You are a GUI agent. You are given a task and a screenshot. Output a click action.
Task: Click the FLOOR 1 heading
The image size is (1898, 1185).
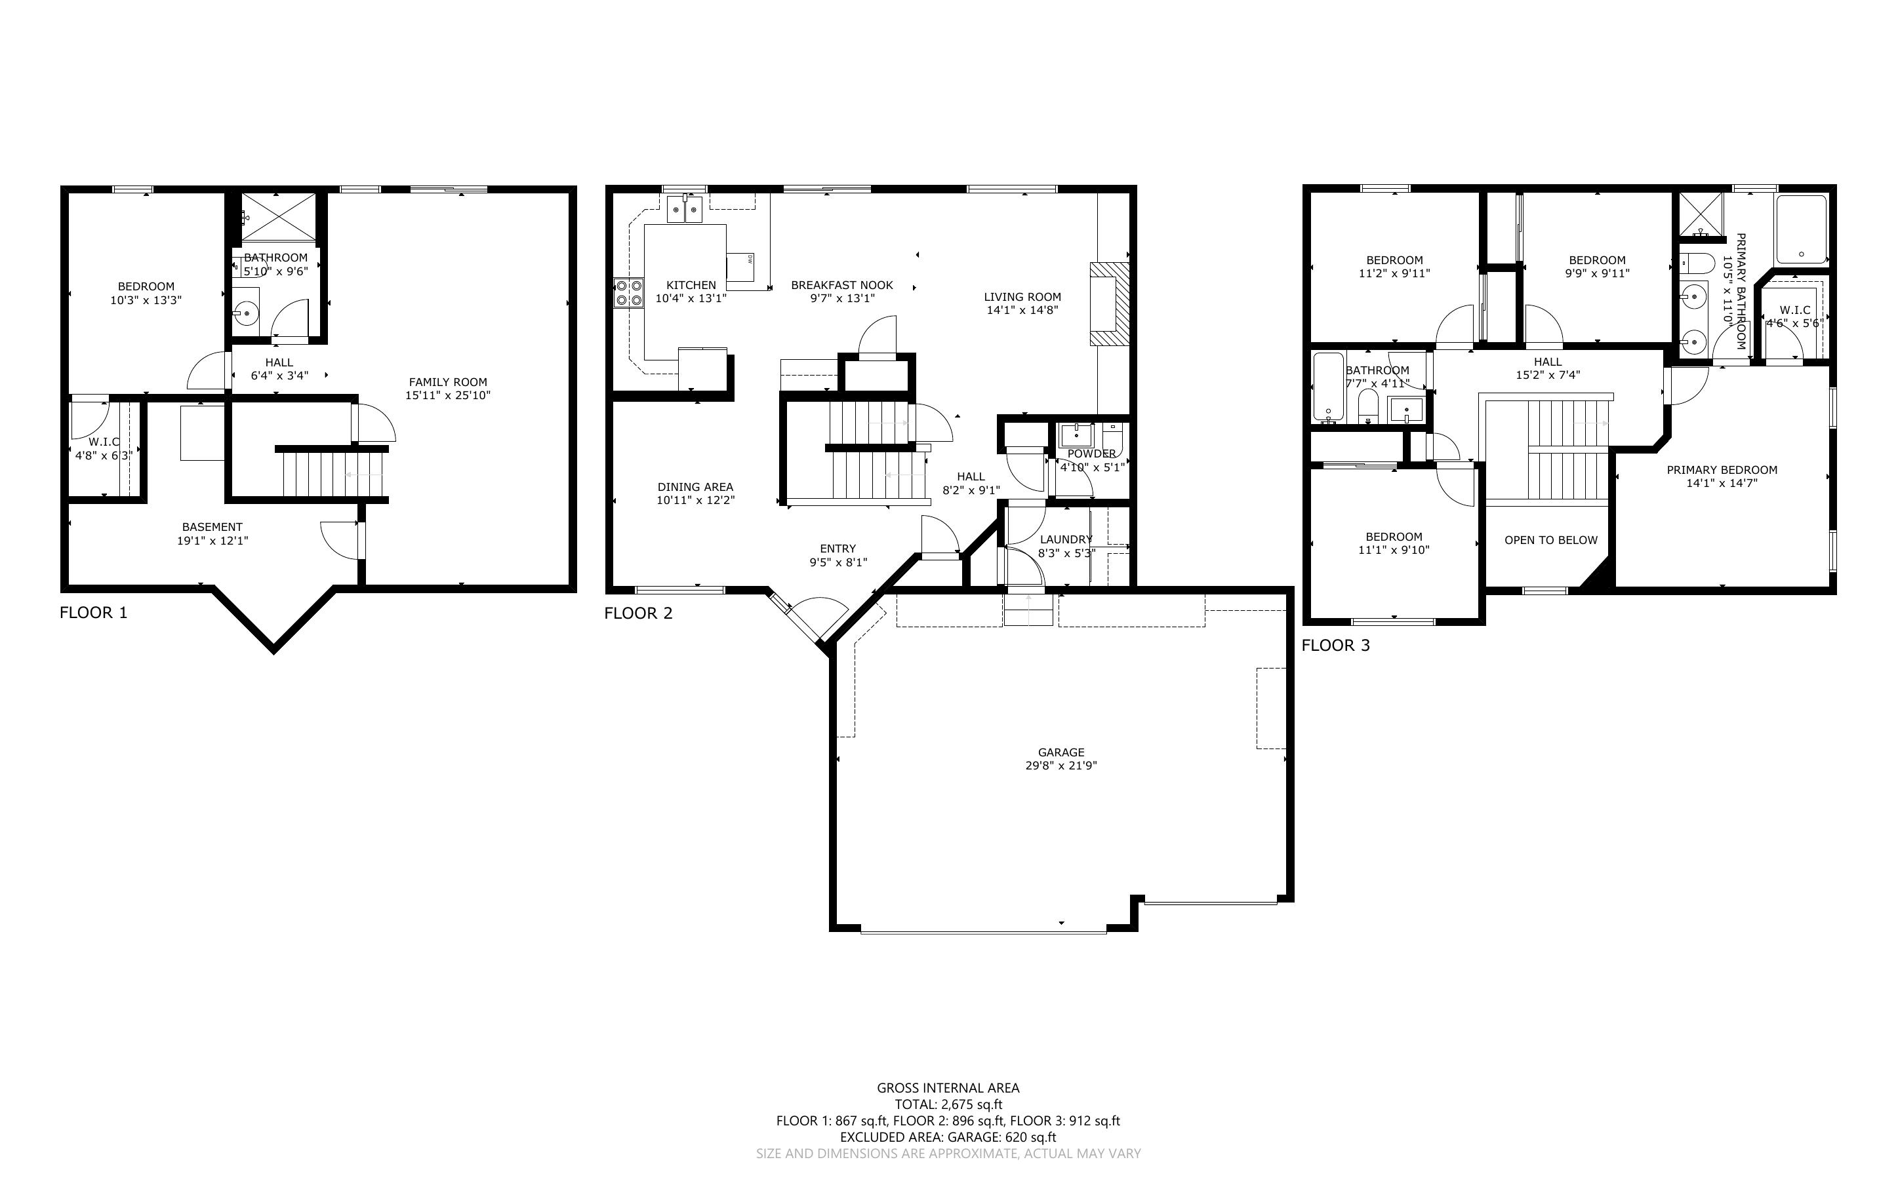pyautogui.click(x=93, y=613)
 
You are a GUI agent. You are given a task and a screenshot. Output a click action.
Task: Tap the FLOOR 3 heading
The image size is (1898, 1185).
pyautogui.click(x=1336, y=646)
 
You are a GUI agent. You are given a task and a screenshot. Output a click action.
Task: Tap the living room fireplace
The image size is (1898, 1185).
pyautogui.click(x=1109, y=303)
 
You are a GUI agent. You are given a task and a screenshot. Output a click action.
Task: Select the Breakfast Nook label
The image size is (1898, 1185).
pyautogui.click(x=842, y=285)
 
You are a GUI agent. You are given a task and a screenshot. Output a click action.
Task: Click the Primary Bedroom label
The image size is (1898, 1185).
pyautogui.click(x=1722, y=470)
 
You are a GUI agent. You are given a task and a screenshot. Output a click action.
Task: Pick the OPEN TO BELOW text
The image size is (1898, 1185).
pyautogui.click(x=1550, y=540)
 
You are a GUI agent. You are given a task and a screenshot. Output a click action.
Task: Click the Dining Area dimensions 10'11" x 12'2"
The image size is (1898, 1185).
pyautogui.click(x=695, y=500)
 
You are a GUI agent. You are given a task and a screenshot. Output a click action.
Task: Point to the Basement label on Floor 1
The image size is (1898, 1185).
pyautogui.click(x=212, y=528)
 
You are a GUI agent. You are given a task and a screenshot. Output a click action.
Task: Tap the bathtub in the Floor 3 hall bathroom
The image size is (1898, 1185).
pyautogui.click(x=1327, y=387)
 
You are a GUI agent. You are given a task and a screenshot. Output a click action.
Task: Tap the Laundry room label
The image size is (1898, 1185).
pyautogui.click(x=1066, y=539)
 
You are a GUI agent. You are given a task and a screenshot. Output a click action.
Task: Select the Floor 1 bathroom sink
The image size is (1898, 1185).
pyautogui.click(x=246, y=312)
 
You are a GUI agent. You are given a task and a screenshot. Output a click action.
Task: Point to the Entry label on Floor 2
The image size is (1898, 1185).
pyautogui.click(x=838, y=549)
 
